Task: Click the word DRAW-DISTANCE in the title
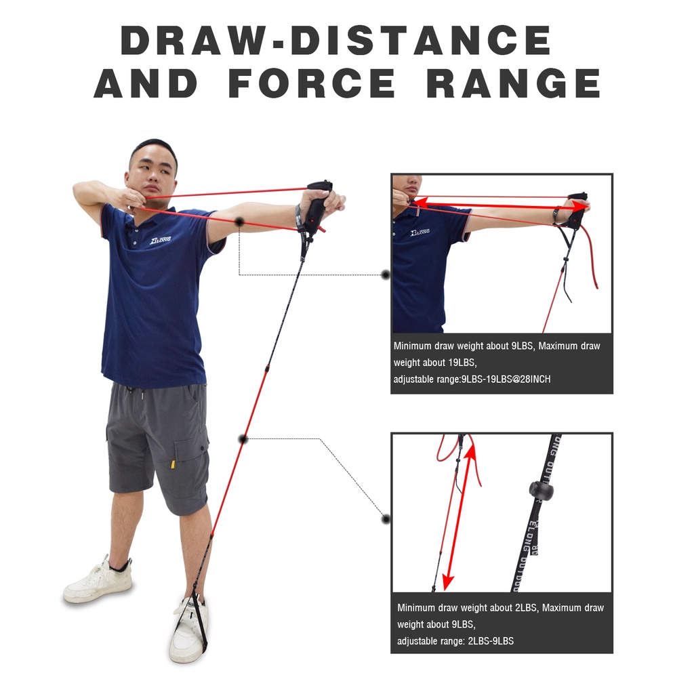pos(336,40)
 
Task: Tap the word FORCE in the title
pos(312,83)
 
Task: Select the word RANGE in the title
pos(514,83)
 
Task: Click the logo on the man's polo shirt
pos(160,240)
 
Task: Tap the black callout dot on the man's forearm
pos(240,222)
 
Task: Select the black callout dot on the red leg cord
pos(243,439)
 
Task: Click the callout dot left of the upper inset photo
pos(386,275)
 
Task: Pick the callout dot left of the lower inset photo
pos(386,518)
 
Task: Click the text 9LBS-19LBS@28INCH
pos(506,380)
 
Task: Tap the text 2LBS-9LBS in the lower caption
pos(491,641)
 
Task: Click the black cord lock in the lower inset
pos(541,489)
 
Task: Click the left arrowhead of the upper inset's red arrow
pos(420,203)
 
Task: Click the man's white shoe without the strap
pos(98,580)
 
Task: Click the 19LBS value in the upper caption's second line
pos(462,363)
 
